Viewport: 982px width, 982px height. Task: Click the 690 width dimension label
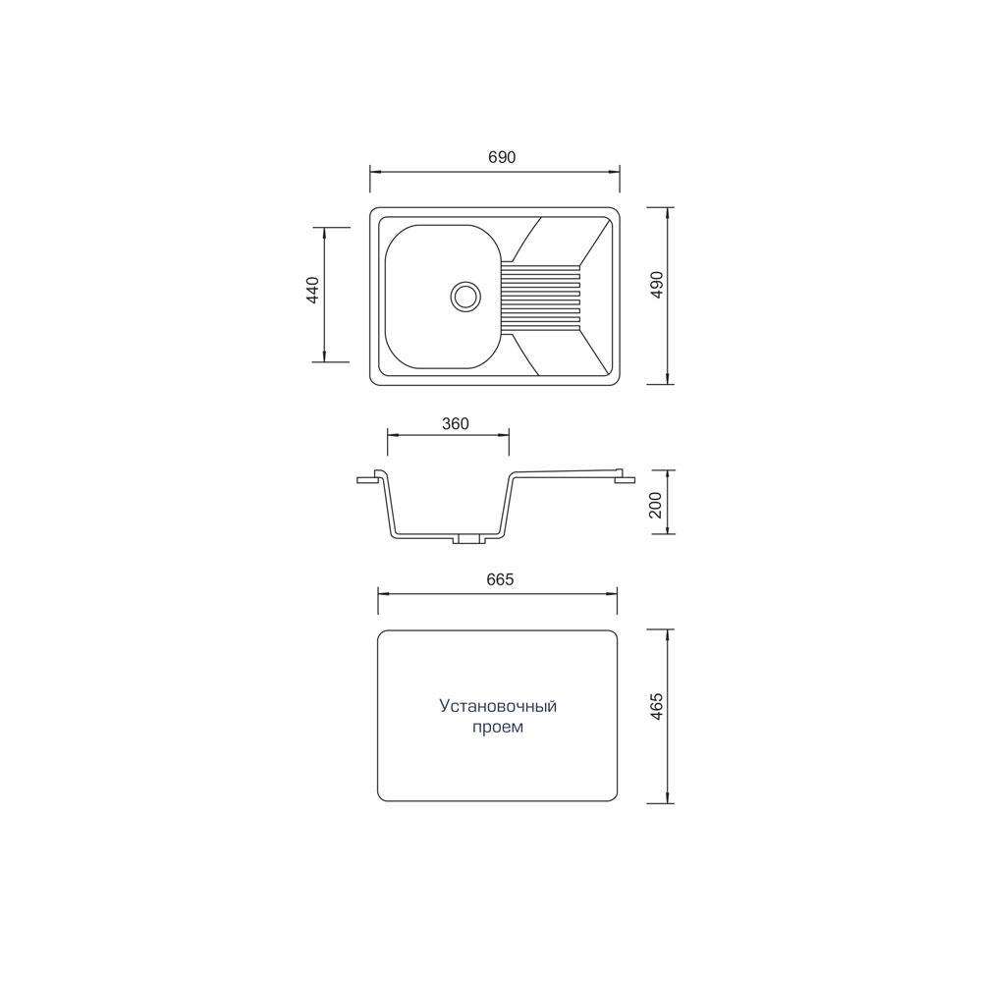click(502, 157)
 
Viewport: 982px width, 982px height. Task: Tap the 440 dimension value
click(312, 290)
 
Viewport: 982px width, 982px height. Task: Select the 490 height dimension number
click(656, 285)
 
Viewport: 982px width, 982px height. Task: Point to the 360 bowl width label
click(456, 424)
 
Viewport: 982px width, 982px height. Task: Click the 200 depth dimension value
click(656, 505)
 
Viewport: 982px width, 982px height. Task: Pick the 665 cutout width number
click(500, 580)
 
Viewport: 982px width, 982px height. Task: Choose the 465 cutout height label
click(656, 706)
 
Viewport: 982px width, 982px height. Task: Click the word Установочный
click(498, 706)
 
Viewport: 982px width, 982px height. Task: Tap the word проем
click(498, 728)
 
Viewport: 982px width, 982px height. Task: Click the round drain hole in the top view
click(465, 295)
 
